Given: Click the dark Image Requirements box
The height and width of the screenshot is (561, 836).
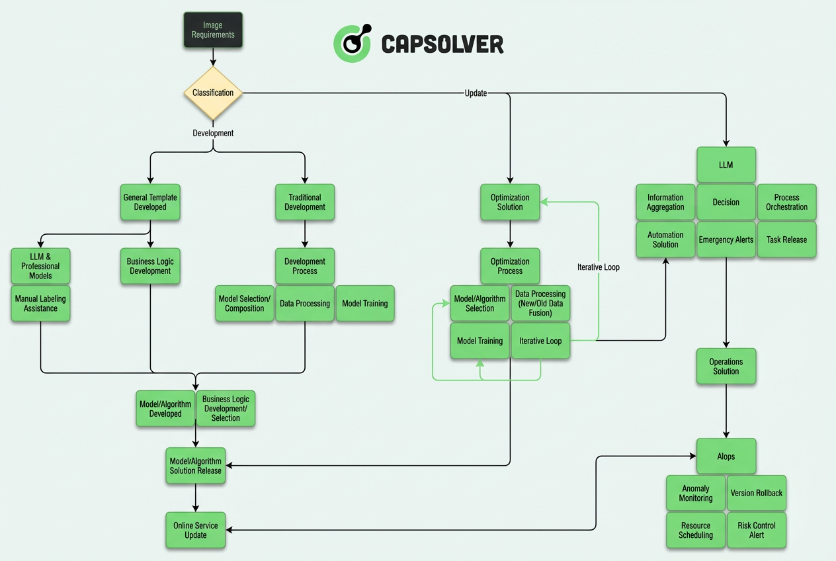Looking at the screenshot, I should [x=213, y=30].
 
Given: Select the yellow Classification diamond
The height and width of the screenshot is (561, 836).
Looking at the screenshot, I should [x=213, y=93].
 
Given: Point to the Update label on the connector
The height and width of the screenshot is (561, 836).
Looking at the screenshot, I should [x=476, y=93].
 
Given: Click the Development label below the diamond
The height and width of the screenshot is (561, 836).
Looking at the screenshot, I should [x=213, y=133].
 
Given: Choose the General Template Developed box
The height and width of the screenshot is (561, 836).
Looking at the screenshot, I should [x=150, y=202].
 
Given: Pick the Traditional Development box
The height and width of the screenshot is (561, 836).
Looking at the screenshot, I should [x=305, y=202].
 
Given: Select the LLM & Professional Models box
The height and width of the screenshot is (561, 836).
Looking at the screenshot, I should [x=40, y=267].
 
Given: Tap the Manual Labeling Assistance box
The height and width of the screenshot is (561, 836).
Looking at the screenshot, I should [x=40, y=304].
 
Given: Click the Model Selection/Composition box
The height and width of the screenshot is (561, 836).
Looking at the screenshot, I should [x=245, y=304].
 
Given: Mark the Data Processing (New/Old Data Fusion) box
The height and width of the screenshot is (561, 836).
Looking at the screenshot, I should [x=540, y=304].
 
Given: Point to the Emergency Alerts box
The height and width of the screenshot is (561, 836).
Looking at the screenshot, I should [x=726, y=239].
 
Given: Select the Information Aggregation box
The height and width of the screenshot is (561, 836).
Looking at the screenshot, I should [x=665, y=202].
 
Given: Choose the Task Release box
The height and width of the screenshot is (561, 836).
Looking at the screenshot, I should [x=786, y=239].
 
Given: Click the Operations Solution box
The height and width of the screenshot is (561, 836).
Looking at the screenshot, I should [x=726, y=367].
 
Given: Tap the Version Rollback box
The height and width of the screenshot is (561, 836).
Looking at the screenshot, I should [x=757, y=493].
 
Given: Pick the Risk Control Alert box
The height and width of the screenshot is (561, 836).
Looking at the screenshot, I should [x=757, y=530].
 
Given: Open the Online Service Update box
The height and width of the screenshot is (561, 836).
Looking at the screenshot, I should [x=196, y=530].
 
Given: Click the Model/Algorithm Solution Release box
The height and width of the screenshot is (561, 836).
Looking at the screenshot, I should [x=196, y=466].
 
